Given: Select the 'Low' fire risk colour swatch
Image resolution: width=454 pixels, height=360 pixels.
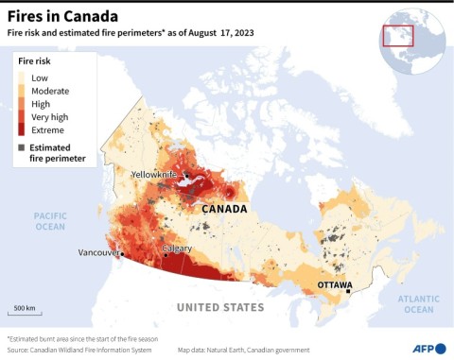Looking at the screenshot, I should coord(21,77).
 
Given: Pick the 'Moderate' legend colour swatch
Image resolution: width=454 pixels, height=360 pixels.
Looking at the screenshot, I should coord(21,91).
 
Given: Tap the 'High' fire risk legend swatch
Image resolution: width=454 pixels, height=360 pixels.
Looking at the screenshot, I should coord(21,104).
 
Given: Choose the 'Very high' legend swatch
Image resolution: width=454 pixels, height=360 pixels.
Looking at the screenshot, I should coord(21,117).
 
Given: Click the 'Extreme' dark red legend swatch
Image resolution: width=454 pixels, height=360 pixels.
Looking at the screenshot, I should coord(21,130).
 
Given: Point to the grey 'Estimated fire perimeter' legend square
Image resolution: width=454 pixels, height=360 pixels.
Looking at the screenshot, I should coord(21,147).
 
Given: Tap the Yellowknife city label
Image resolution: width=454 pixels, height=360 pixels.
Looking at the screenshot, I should coord(156,175).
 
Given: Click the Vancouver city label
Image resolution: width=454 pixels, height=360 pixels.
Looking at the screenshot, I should coord(98,253).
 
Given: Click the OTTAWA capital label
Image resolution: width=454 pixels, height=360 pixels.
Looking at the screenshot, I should coord(334,284).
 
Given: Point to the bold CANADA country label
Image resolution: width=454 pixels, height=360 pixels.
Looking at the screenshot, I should coord(224,209).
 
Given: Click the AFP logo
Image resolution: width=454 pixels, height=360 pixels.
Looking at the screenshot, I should coord(428,347).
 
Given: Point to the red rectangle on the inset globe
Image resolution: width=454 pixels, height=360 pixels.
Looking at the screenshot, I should coord(398,35).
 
